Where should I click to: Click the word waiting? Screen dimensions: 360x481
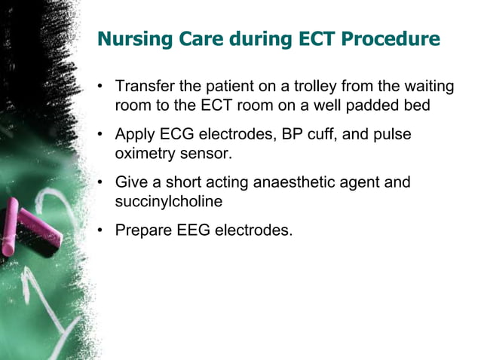coord(428,87)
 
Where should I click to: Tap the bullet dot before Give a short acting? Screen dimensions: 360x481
coord(100,183)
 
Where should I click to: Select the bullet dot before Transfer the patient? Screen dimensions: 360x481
coord(100,88)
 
